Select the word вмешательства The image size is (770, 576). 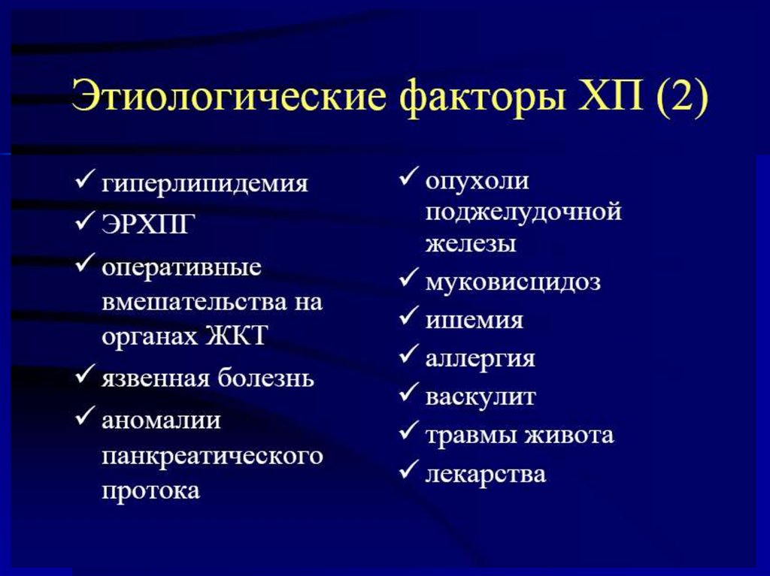[194, 301]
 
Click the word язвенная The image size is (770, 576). [156, 378]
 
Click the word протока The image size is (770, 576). [150, 490]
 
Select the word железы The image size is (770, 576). [471, 244]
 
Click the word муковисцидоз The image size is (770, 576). [513, 282]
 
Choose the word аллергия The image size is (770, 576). [480, 359]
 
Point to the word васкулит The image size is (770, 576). [480, 397]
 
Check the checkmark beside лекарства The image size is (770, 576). [408, 469]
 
